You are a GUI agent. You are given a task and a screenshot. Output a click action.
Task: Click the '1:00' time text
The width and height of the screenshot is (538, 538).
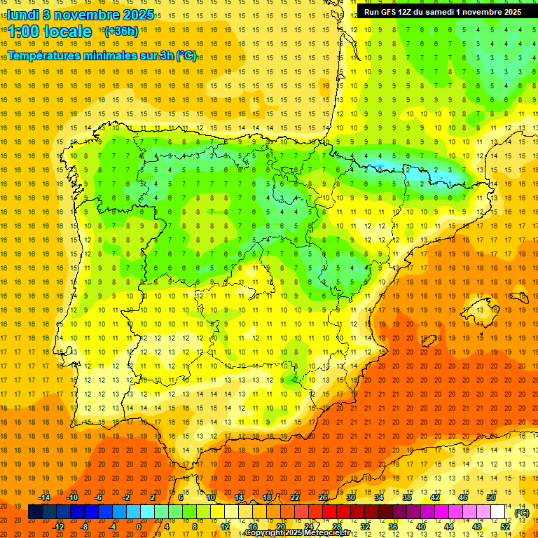point(27,32)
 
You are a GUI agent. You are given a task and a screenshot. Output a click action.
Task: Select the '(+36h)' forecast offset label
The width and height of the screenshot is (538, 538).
point(121,32)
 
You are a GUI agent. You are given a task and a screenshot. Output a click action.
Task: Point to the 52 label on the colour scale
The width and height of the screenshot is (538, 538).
point(505,526)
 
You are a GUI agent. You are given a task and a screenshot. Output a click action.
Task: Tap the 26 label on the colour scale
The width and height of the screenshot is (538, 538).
point(323,497)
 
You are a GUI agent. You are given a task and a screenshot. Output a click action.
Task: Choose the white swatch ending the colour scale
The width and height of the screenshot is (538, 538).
point(497,512)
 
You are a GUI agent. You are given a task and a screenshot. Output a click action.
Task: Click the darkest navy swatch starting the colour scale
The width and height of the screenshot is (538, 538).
point(35,512)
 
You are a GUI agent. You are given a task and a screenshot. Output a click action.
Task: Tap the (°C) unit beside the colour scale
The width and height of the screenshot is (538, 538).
point(521,513)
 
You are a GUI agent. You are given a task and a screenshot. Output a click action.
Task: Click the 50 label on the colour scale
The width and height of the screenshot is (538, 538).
point(491,497)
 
